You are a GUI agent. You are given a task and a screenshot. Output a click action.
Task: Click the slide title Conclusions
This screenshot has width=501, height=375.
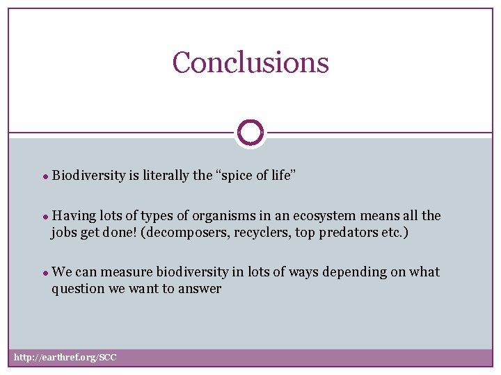click(x=250, y=62)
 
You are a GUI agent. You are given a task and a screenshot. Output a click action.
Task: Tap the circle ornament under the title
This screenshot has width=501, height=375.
click(x=250, y=132)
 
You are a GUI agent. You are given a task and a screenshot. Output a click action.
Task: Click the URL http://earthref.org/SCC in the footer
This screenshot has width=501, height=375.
click(x=65, y=358)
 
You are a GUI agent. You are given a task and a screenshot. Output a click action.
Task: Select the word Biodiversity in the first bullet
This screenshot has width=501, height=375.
click(x=88, y=175)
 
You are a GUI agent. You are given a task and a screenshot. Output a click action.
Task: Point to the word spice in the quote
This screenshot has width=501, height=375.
click(x=240, y=175)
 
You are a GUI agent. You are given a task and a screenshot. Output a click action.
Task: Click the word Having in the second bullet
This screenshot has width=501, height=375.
click(x=72, y=216)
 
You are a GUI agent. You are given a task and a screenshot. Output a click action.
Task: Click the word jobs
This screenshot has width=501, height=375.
click(x=63, y=233)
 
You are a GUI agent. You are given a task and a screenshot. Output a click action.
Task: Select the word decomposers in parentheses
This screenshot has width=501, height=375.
click(x=182, y=233)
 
